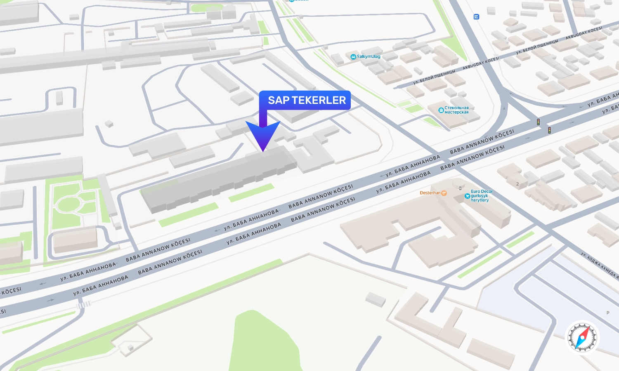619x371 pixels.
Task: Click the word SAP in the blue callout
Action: pyautogui.click(x=279, y=100)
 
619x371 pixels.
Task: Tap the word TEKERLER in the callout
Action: pyautogui.click(x=319, y=100)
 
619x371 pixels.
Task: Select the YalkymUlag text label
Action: pyautogui.click(x=369, y=56)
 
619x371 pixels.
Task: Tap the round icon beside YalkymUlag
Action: pyautogui.click(x=353, y=57)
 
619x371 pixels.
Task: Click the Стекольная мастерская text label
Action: pyautogui.click(x=456, y=110)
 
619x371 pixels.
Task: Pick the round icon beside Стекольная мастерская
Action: pyautogui.click(x=441, y=110)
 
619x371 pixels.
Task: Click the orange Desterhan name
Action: pyautogui.click(x=430, y=193)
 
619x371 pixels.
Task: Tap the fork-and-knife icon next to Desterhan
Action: pyautogui.click(x=444, y=193)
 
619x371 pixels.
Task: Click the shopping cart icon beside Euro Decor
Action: pyautogui.click(x=467, y=196)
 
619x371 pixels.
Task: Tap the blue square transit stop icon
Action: pyautogui.click(x=476, y=17)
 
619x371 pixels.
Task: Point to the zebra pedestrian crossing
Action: pyautogui.click(x=84, y=305)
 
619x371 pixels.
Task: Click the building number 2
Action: pyautogui.click(x=517, y=184)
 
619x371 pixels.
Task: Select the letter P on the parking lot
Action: pyautogui.click(x=607, y=313)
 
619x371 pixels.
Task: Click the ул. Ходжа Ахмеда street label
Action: pyautogui.click(x=600, y=266)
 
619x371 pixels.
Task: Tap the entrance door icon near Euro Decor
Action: pyautogui.click(x=460, y=188)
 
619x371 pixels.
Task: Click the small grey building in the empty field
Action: pyautogui.click(x=376, y=299)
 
